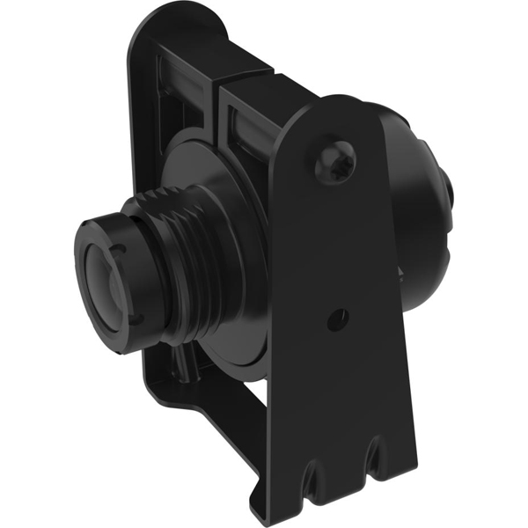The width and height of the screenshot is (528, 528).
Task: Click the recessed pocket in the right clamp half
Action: (251, 123)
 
